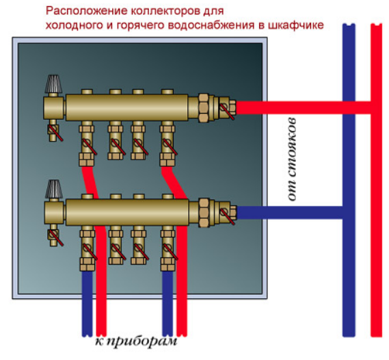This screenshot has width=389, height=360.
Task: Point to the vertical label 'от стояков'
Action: (x=292, y=159)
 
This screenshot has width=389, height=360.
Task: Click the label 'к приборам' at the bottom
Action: (x=136, y=342)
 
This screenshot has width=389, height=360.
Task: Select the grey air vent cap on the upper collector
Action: (x=53, y=84)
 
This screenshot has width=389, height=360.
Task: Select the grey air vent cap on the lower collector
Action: (x=53, y=189)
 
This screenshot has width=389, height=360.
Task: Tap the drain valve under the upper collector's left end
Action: (x=54, y=131)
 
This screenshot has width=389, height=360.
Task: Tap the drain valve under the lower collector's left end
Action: (x=54, y=235)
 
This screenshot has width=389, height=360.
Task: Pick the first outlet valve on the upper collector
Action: (x=87, y=144)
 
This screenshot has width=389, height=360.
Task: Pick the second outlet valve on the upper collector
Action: (x=116, y=141)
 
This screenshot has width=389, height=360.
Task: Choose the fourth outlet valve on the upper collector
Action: (x=168, y=144)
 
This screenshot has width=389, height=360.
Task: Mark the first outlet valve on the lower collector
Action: (x=88, y=248)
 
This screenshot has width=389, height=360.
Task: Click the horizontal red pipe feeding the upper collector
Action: (x=304, y=107)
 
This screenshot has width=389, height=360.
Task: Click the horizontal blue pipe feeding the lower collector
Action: (x=290, y=213)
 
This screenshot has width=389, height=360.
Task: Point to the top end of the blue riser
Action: (x=349, y=25)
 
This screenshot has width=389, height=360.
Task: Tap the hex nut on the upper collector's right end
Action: (x=204, y=107)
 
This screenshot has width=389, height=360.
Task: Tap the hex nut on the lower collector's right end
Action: (x=204, y=213)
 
